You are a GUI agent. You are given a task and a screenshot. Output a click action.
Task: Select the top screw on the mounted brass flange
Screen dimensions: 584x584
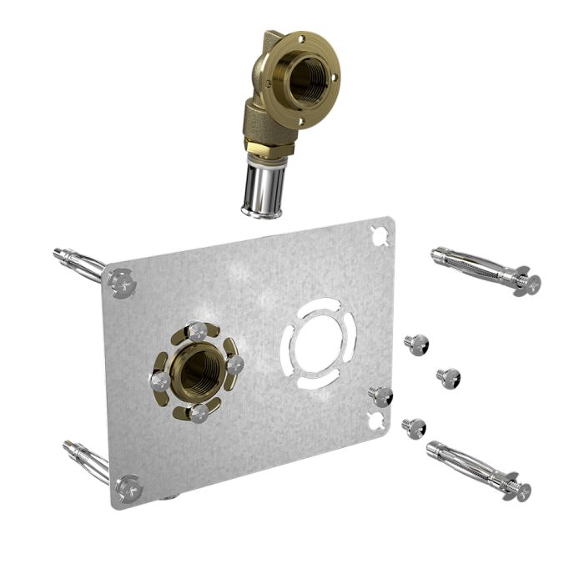click(197, 331)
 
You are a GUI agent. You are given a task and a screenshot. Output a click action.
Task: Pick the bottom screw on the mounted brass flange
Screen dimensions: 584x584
click(198, 412)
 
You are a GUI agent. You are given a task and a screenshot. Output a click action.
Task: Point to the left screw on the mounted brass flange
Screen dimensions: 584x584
click(160, 381)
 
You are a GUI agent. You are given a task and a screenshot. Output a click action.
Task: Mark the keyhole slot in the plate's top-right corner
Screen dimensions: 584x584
click(380, 235)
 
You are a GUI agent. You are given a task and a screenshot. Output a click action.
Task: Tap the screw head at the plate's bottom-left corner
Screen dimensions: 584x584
click(128, 488)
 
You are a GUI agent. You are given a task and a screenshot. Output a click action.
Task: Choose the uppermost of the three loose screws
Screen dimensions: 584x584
click(415, 343)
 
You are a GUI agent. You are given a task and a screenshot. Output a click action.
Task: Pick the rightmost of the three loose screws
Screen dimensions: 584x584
click(449, 377)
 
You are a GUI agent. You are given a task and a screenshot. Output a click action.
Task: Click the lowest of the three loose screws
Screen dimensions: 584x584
click(414, 428)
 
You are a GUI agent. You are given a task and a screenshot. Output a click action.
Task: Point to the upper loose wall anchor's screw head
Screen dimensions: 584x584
click(527, 284)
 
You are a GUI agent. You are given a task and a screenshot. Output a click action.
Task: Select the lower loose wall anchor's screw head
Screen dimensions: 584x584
click(518, 491)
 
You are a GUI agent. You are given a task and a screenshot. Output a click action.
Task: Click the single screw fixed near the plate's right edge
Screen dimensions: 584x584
click(381, 395)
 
